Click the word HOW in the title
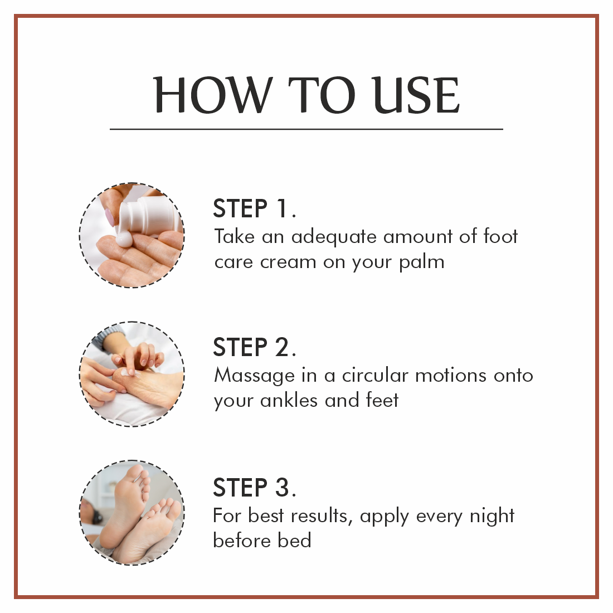pyautogui.click(x=213, y=95)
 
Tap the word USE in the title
pyautogui.click(x=415, y=95)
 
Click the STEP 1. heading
pyautogui.click(x=255, y=208)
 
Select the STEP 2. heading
pyautogui.click(x=255, y=347)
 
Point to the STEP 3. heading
pyautogui.click(x=255, y=487)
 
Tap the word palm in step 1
pyautogui.click(x=421, y=262)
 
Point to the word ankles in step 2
pyautogui.click(x=289, y=400)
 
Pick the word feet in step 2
pyautogui.click(x=382, y=400)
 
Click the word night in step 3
pyautogui.click(x=492, y=517)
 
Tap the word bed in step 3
pyautogui.click(x=294, y=541)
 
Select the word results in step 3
pyautogui.click(x=322, y=517)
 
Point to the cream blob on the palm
pyautogui.click(x=124, y=239)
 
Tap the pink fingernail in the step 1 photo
pyautogui.click(x=110, y=217)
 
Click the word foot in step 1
pyautogui.click(x=500, y=236)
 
